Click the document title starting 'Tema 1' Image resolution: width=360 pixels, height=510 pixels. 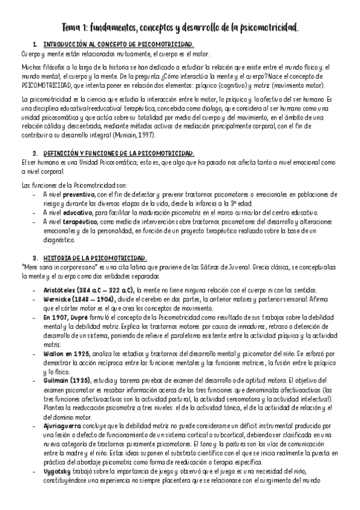pyautogui.click(x=180, y=28)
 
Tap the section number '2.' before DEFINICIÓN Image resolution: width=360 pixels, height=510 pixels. pyautogui.click(x=35, y=154)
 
